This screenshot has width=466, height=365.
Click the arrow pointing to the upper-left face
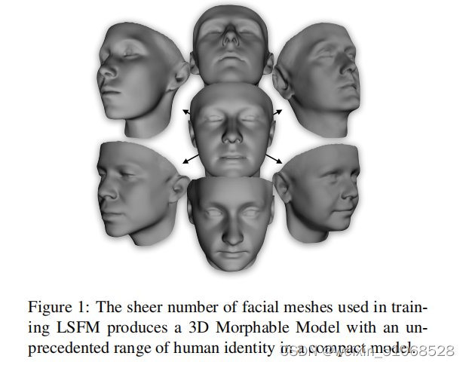click(x=186, y=112)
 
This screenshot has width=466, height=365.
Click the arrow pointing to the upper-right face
click(x=276, y=112)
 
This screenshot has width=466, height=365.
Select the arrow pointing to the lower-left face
click(x=189, y=158)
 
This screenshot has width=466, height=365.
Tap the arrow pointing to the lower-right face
click(x=274, y=158)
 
